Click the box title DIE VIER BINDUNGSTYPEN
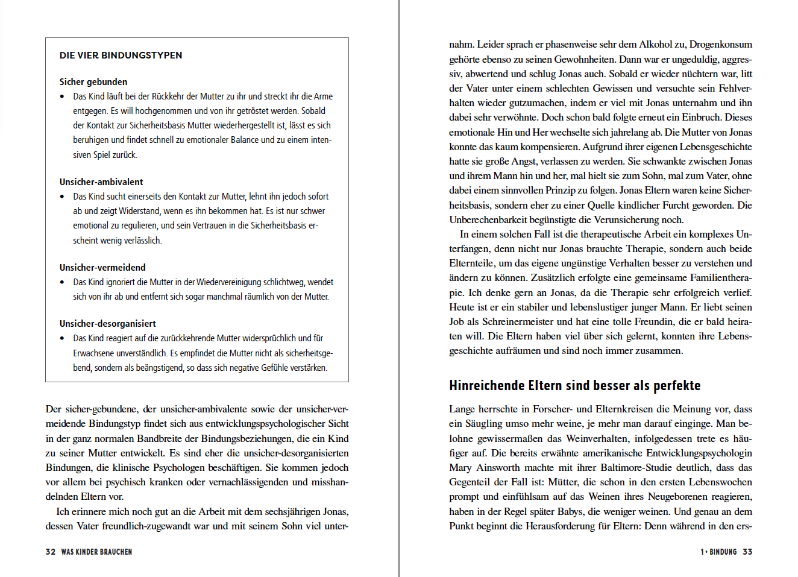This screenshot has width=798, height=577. coord(121,55)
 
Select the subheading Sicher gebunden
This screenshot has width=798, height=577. coord(93,82)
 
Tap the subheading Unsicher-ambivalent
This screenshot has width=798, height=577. coord(101,182)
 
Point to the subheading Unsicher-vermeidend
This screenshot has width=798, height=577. coord(102,268)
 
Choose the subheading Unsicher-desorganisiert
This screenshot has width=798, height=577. coord(107,324)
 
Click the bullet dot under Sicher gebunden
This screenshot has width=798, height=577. coord(62,96)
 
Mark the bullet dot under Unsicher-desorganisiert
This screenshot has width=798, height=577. coord(62,338)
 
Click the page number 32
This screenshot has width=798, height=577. coord(51,552)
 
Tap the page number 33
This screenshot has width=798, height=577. coord(747,552)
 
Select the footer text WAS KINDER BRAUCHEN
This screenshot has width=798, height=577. coord(96,552)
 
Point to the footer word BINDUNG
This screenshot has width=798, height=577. coord(723,552)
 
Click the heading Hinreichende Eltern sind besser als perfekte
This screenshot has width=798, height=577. coord(574,386)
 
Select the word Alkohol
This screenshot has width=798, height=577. coord(655,45)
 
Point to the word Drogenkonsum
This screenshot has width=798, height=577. coord(721,45)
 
